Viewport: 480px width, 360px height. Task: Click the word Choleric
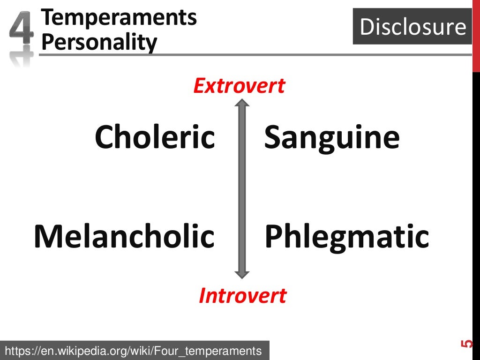tap(155, 137)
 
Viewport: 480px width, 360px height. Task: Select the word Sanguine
tap(332, 137)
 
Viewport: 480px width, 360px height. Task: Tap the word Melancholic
tap(124, 236)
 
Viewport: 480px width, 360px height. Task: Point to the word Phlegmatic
tap(347, 237)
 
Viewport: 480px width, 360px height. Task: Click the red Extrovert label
tap(239, 86)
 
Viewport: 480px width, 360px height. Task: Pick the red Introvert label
tap(242, 296)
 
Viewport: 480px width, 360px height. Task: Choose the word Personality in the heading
tap(99, 43)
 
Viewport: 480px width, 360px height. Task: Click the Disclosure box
tap(412, 27)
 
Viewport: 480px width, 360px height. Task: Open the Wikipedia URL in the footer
tap(133, 350)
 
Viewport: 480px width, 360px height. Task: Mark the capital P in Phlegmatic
tap(274, 236)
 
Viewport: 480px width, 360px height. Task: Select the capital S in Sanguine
tap(273, 137)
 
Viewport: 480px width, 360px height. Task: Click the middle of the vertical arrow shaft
tap(242, 189)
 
